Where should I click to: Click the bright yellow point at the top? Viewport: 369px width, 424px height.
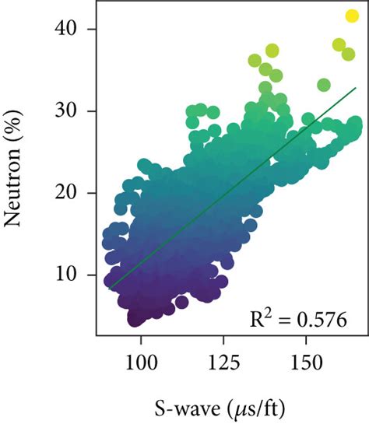pos(352,16)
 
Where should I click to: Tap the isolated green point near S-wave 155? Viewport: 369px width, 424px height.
pos(324,84)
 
